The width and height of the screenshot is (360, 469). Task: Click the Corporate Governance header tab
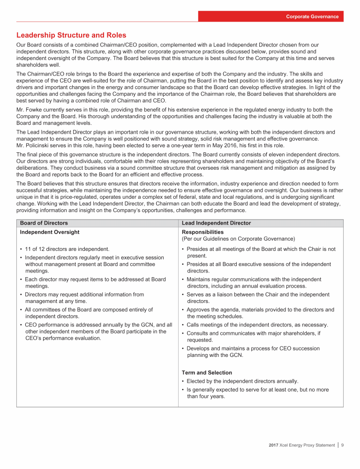point(313,16)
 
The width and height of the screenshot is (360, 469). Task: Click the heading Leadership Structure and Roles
point(71,35)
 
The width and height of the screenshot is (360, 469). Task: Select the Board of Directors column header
point(44,223)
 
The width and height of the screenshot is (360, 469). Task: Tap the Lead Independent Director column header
point(216,223)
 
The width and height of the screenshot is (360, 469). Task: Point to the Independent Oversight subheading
point(50,232)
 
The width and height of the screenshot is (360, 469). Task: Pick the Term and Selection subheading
point(207,372)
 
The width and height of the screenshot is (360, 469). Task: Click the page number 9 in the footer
point(343,445)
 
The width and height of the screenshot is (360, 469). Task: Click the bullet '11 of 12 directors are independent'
point(66,249)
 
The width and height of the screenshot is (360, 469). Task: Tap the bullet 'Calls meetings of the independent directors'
point(257,325)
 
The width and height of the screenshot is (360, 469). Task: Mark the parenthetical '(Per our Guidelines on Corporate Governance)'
point(238,239)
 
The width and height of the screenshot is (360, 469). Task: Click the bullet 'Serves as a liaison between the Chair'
point(258,295)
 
